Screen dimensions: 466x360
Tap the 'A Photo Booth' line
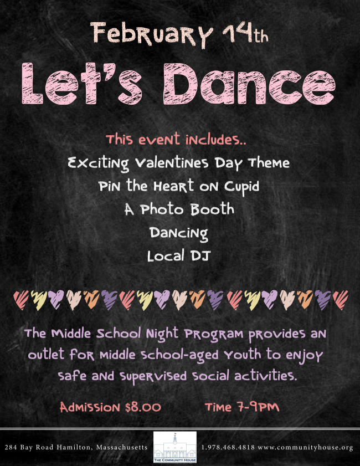pyautogui.click(x=179, y=209)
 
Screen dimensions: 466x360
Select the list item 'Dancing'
pyautogui.click(x=178, y=233)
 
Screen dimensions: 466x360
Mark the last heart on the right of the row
pyautogui.click(x=340, y=300)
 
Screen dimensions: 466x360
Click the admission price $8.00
pyautogui.click(x=143, y=407)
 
